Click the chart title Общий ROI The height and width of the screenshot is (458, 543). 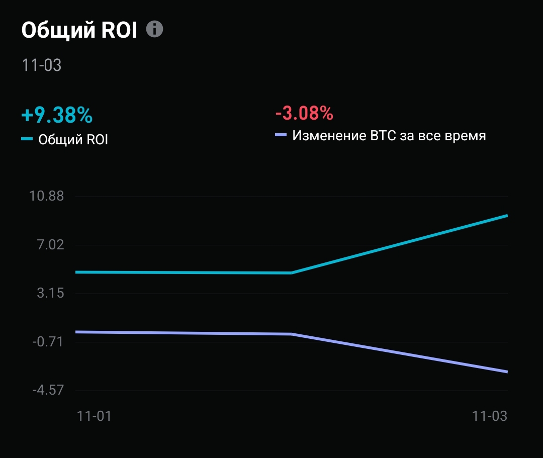tap(79, 31)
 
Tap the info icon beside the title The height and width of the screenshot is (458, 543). tap(155, 30)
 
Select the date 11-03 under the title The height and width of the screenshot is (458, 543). tap(42, 65)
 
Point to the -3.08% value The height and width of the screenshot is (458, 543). tap(304, 113)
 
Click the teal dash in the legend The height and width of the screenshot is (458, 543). tap(27, 139)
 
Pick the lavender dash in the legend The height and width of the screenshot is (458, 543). tap(281, 135)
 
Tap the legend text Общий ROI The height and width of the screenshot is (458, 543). tap(73, 139)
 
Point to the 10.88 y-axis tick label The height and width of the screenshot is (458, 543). tap(46, 196)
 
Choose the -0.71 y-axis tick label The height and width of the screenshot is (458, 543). tap(47, 342)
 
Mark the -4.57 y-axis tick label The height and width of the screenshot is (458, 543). tap(47, 391)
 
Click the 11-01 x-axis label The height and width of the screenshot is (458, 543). tap(94, 416)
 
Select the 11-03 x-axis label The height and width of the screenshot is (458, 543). tap(489, 416)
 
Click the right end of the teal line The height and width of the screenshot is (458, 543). tap(507, 216)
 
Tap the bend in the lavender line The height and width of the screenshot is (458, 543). tap(292, 334)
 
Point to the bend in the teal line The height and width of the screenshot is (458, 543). tap(292, 273)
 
